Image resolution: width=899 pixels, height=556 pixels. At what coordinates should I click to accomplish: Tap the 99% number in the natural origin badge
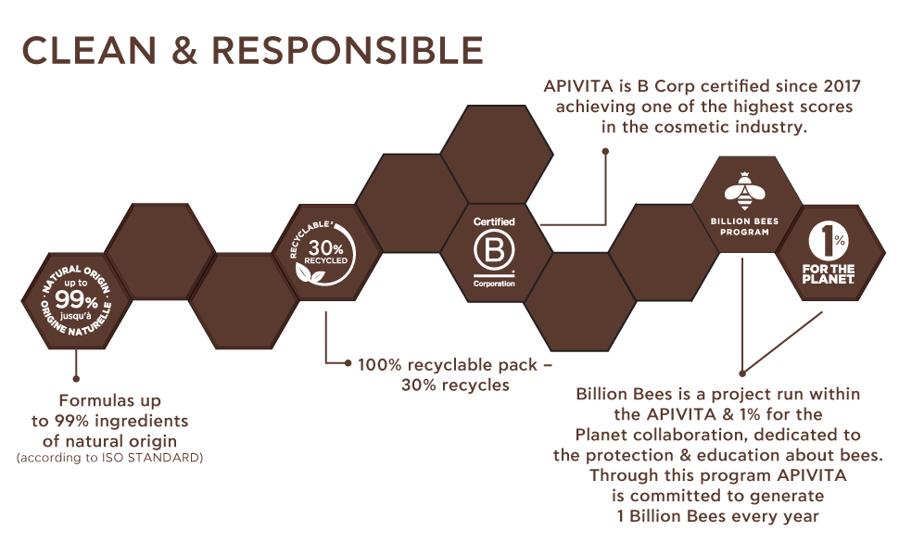tap(75, 300)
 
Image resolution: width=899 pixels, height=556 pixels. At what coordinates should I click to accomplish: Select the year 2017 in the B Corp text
tap(841, 87)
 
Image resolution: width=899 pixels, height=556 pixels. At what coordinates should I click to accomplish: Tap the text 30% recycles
tap(455, 385)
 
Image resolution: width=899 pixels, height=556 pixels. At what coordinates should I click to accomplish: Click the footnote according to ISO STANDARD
tap(109, 458)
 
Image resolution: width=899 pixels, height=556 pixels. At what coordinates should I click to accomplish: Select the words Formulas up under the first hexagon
tap(109, 401)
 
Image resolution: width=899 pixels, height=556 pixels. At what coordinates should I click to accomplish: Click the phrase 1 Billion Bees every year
tap(718, 516)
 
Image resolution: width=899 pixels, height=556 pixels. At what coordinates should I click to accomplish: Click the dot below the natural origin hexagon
tap(76, 379)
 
